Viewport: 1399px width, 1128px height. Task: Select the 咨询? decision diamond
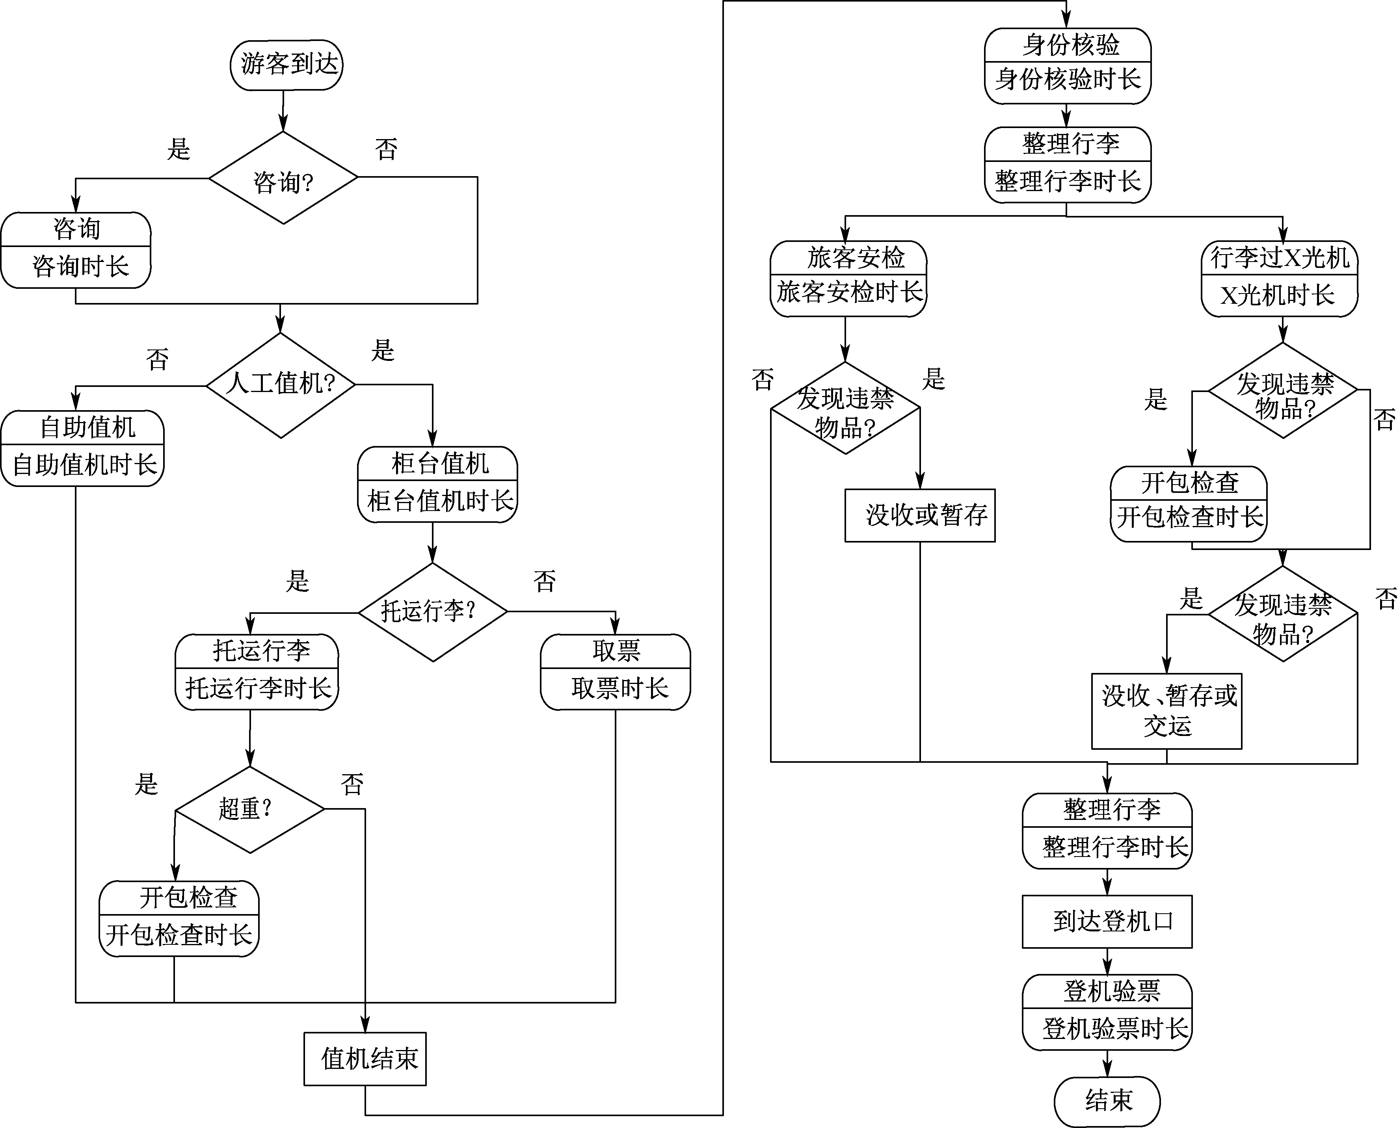[283, 178]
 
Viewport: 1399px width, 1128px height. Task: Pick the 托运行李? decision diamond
[433, 611]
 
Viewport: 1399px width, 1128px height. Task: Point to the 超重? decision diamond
[250, 809]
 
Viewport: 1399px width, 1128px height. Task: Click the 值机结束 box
[365, 1059]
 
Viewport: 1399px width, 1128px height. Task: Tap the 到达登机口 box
[1107, 922]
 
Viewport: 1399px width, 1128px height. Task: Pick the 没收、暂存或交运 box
[1167, 711]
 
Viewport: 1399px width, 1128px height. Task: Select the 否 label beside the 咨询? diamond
[386, 149]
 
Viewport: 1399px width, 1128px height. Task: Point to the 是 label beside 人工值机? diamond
[383, 351]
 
